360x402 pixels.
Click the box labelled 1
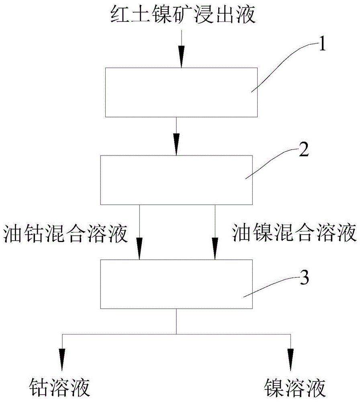click(181, 92)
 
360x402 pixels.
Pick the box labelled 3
click(176, 284)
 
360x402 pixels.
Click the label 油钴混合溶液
click(65, 233)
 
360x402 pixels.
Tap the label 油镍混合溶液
click(295, 233)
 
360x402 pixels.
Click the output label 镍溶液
click(295, 388)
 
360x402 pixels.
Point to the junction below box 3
click(176, 334)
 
